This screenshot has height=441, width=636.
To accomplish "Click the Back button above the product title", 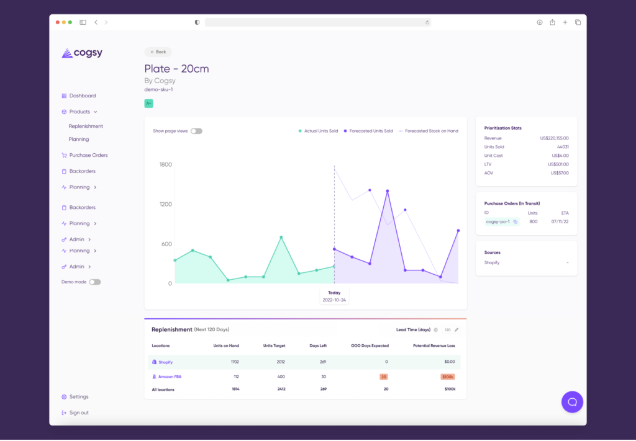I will point(158,52).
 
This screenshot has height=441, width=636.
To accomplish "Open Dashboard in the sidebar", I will point(82,96).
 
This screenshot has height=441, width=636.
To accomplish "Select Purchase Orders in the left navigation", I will point(88,155).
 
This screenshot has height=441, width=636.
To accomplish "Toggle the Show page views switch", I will point(196,131).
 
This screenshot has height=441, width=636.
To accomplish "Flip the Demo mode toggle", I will point(94,282).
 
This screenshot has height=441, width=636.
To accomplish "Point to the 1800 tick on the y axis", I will point(166,164).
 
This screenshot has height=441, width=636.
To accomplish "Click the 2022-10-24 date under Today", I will point(334,300).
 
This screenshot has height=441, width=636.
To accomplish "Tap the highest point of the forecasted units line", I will point(388,191).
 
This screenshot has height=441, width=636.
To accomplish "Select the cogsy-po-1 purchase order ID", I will point(497,221).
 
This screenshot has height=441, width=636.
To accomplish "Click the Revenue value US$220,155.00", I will point(554,138).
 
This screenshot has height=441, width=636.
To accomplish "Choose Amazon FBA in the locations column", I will point(170,376).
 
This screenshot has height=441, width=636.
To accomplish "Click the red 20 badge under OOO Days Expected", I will point(383,376).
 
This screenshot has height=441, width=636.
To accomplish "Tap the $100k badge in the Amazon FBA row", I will point(447,376).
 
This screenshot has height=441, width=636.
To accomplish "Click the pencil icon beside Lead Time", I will point(457,330).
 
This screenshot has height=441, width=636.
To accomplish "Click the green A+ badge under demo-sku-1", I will point(148,104).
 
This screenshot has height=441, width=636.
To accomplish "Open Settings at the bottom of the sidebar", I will point(79,397).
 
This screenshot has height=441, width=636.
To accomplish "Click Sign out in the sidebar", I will point(79,412).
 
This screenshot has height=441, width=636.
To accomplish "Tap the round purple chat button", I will point(572,402).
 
